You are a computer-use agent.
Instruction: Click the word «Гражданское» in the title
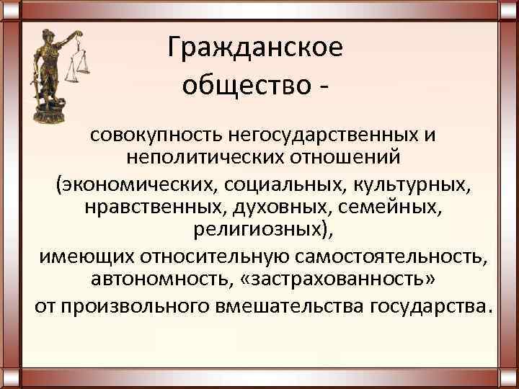click(255, 48)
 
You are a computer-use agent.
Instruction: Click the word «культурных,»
click(412, 184)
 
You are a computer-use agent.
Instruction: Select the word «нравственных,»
click(155, 209)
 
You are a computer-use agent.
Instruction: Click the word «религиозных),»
click(265, 232)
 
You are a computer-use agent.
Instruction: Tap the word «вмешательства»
click(284, 305)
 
